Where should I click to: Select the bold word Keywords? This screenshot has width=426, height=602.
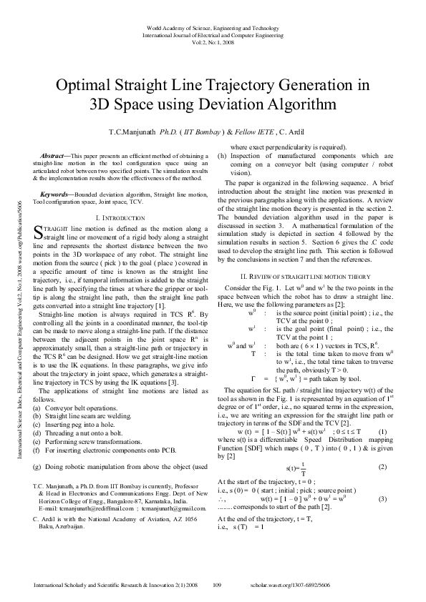click(55, 194)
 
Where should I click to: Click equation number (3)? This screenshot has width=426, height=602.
click(383, 498)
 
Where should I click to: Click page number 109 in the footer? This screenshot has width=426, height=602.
click(221, 585)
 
